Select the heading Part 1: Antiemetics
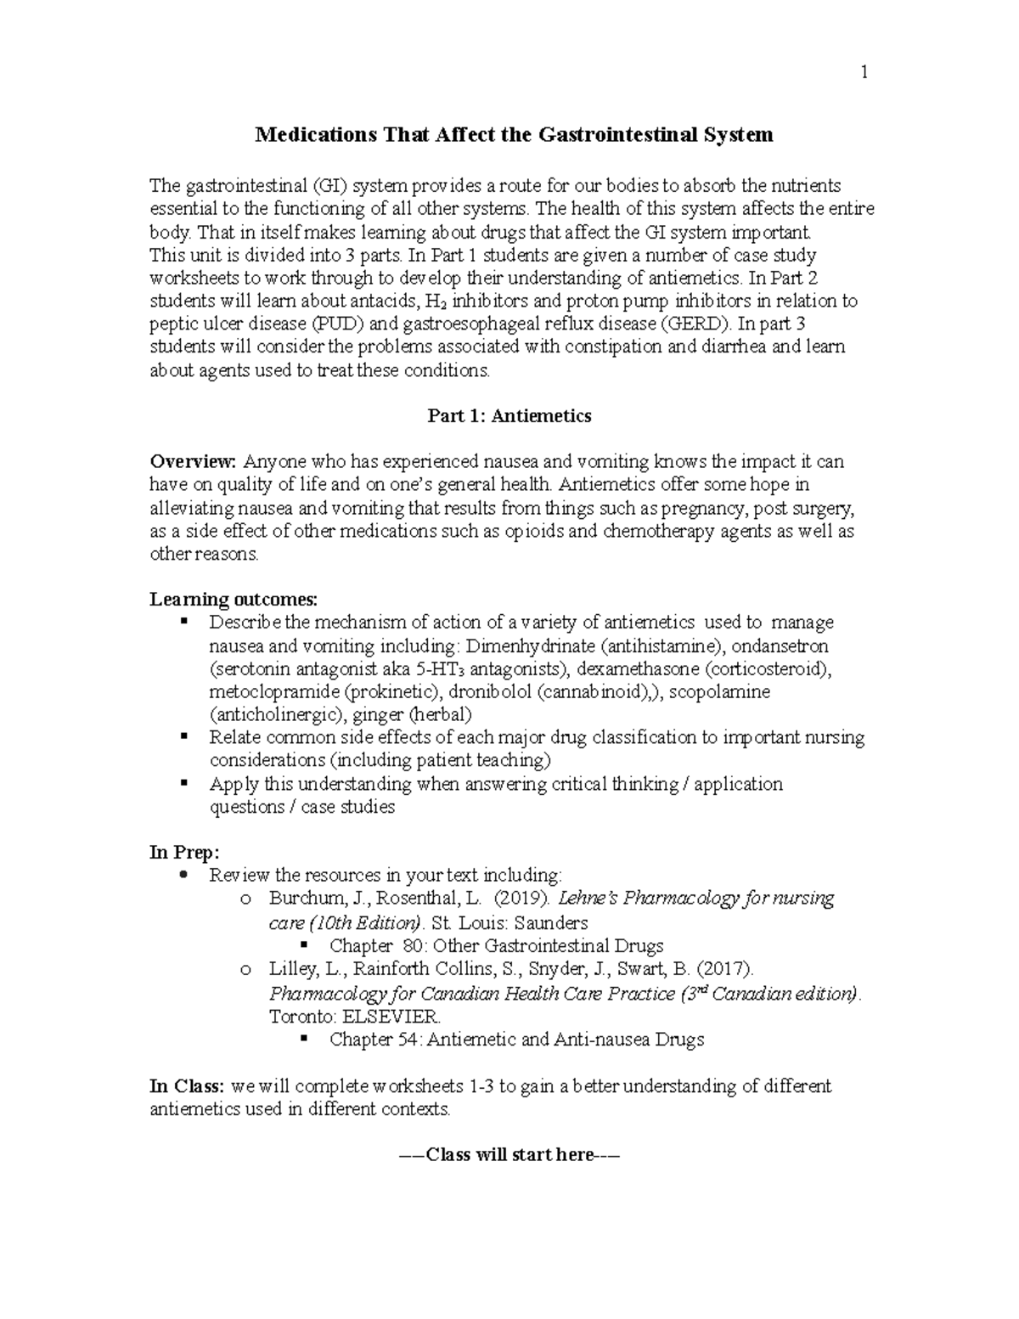click(509, 416)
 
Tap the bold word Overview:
click(193, 462)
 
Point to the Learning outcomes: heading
click(234, 600)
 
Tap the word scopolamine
click(720, 691)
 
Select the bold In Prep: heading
click(185, 852)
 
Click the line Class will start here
click(509, 1155)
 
